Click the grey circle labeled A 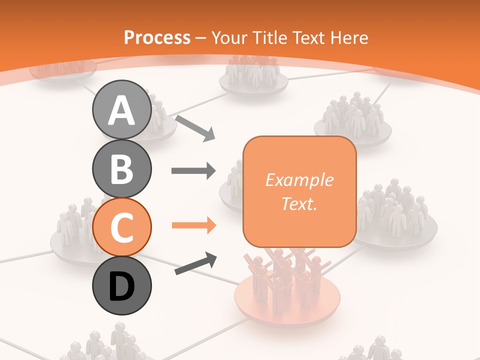121,109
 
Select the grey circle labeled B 121,168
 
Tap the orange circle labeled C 121,227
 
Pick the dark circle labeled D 121,286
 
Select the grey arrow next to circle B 193,171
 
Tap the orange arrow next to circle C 194,225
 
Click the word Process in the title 157,37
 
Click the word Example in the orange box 299,180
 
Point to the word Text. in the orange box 299,203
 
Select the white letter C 121,227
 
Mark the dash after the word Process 201,38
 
